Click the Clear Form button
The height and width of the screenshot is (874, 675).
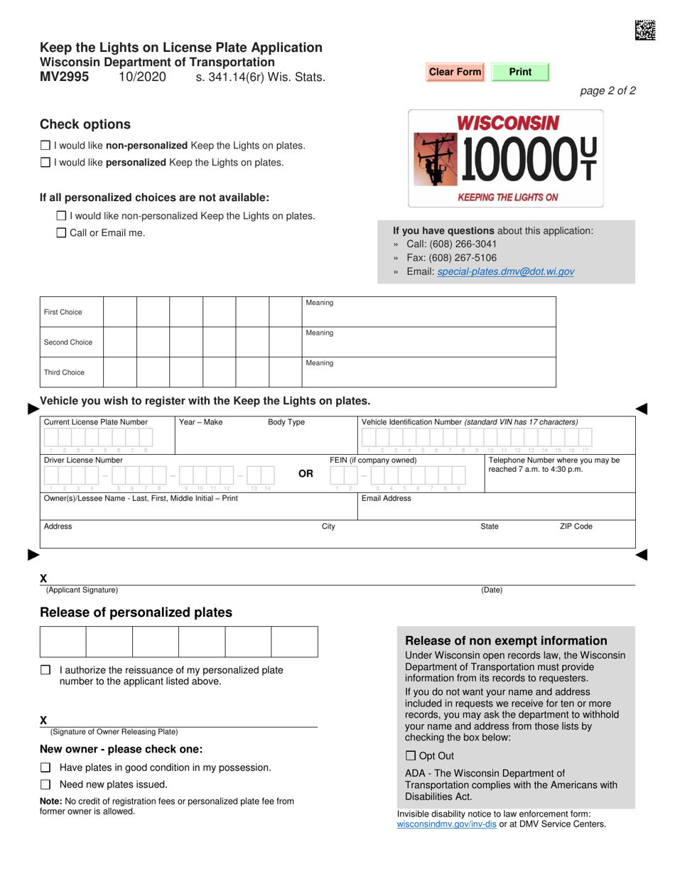(x=455, y=72)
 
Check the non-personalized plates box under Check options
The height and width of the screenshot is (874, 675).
(x=45, y=146)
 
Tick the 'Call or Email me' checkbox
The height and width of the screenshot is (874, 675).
(x=61, y=232)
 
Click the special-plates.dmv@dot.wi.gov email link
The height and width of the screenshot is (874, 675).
(x=506, y=271)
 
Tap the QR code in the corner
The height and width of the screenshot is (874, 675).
(x=645, y=29)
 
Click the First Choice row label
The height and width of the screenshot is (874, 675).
(x=63, y=312)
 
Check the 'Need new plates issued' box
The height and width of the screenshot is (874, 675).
(x=45, y=784)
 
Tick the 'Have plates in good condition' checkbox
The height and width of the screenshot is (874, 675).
(x=45, y=767)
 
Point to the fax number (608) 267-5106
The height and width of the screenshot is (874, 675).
(x=461, y=258)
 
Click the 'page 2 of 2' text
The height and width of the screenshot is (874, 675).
(x=608, y=90)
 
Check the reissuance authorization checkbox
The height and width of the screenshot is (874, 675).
(x=45, y=670)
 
